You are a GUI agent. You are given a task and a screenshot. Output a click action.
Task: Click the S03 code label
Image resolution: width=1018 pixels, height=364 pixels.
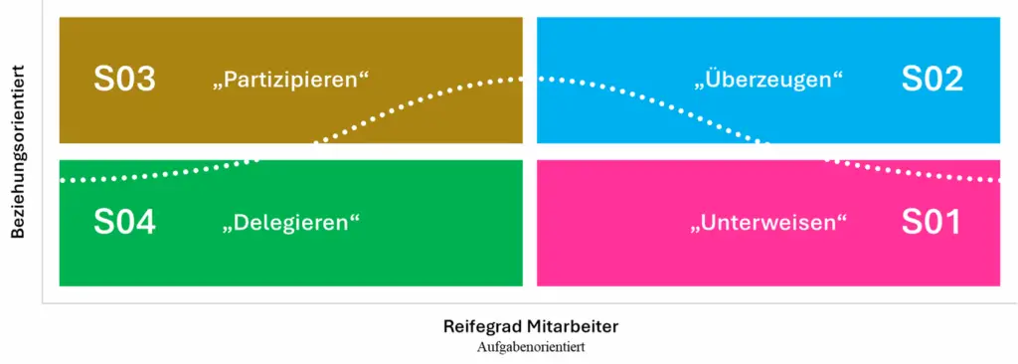pyautogui.click(x=124, y=80)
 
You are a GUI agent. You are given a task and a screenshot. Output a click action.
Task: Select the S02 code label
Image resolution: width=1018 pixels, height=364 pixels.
pyautogui.click(x=932, y=80)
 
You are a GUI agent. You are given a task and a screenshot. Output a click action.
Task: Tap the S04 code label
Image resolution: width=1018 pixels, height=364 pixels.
pyautogui.click(x=124, y=222)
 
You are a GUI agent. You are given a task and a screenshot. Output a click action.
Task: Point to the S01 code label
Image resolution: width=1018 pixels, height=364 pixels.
pyautogui.click(x=931, y=222)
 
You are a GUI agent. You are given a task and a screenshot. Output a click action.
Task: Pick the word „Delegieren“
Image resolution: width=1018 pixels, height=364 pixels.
pyautogui.click(x=289, y=223)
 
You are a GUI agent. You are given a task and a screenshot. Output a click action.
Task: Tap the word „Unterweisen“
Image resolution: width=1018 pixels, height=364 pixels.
pyautogui.click(x=767, y=223)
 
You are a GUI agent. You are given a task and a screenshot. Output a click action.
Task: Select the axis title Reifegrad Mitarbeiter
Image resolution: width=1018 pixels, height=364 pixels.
pyautogui.click(x=531, y=326)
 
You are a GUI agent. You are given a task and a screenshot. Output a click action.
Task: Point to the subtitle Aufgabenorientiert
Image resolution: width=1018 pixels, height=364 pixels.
pyautogui.click(x=531, y=347)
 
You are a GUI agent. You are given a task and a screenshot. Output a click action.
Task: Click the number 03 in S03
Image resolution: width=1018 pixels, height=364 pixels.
pyautogui.click(x=135, y=80)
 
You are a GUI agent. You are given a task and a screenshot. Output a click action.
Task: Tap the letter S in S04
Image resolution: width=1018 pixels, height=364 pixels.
pyautogui.click(x=103, y=222)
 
